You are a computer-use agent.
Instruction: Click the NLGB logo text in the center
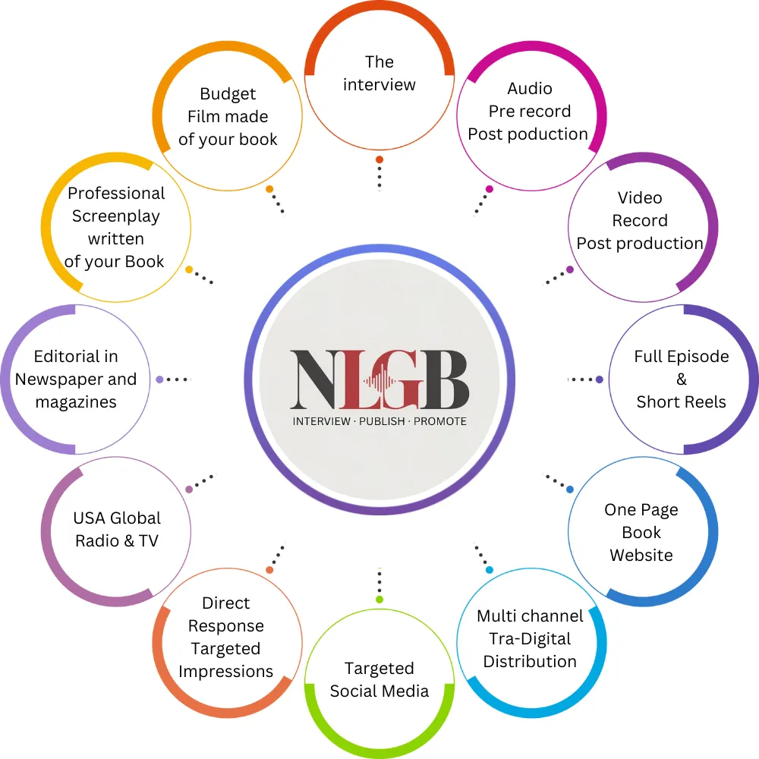point(379,379)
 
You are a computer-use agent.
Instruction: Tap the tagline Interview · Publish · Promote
point(379,420)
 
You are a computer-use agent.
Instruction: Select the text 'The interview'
point(379,73)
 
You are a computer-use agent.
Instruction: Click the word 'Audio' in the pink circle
point(530,89)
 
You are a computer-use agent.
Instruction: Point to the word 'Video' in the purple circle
point(640,198)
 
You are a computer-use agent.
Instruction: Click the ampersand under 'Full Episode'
point(682,379)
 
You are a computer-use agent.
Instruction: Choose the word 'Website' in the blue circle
point(641,556)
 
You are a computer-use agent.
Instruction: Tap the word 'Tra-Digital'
point(530,638)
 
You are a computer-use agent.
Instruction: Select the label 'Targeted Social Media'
point(379,679)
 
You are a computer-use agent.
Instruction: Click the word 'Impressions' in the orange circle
point(225,672)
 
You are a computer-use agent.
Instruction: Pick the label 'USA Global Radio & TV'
point(117,529)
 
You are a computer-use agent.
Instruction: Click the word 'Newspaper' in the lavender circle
point(76,379)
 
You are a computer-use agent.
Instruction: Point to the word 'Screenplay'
point(116,216)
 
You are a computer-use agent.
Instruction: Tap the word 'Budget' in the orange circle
point(228,94)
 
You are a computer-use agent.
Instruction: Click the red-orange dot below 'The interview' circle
point(379,159)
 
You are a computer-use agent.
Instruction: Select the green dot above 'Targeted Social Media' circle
point(379,600)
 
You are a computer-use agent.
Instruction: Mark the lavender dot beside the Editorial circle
point(159,379)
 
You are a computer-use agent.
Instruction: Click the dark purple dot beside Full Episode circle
point(600,379)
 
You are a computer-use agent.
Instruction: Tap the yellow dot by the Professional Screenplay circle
point(189,269)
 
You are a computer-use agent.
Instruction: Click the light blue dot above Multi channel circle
point(490,570)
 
